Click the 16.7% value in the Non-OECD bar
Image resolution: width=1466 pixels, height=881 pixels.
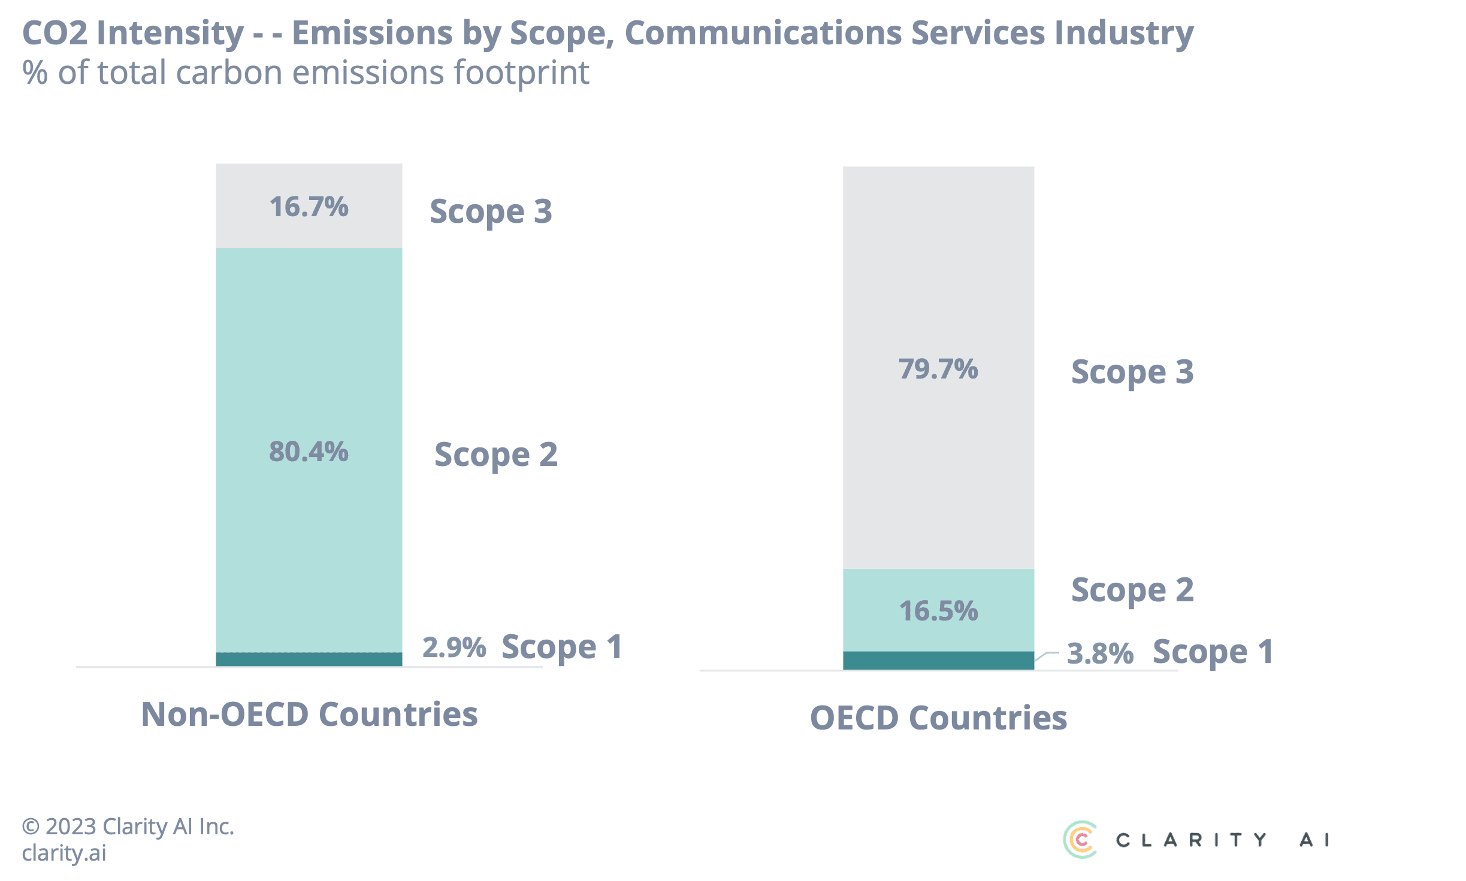(x=309, y=207)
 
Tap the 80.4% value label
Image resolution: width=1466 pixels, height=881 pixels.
(x=309, y=452)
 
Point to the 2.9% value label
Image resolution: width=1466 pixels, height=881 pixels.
(x=454, y=647)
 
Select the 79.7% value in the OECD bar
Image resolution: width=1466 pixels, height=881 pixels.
(x=938, y=369)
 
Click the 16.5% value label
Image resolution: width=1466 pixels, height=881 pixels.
(x=938, y=611)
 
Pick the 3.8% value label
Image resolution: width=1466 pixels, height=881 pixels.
(x=1100, y=653)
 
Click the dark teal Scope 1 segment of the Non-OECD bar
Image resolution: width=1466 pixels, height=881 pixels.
(x=309, y=659)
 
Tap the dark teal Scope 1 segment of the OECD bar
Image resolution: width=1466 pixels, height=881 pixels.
(x=938, y=660)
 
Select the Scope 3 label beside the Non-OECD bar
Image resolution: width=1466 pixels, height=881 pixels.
(x=491, y=211)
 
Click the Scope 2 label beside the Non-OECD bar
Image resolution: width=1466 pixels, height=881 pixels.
(x=495, y=455)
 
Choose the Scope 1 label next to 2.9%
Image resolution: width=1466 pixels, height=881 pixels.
(x=561, y=647)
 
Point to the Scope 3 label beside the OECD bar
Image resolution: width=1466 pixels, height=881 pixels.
(x=1132, y=372)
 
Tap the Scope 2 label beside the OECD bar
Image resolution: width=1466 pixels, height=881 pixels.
(x=1132, y=591)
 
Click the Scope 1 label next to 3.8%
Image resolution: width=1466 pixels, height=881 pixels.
(x=1213, y=652)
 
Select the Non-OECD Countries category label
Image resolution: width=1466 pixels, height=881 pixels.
(x=309, y=714)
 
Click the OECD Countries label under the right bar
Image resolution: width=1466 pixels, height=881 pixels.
(x=938, y=717)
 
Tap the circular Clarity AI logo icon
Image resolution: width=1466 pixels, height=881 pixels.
(x=1080, y=840)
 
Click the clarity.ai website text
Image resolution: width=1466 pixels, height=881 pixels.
(x=64, y=853)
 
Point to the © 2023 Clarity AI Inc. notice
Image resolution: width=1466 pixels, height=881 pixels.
(x=128, y=826)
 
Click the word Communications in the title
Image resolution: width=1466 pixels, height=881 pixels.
(x=763, y=33)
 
